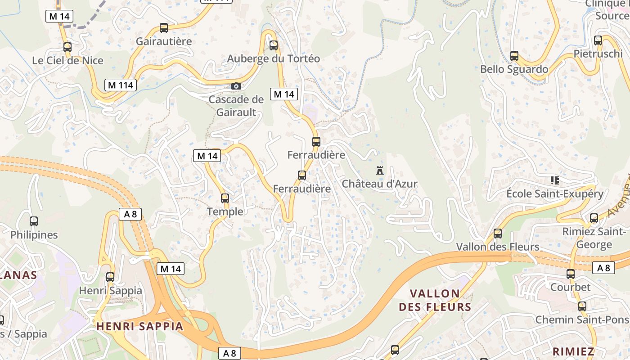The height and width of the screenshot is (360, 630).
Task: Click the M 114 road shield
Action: [121, 85]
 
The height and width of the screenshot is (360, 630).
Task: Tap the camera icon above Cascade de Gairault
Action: [236, 86]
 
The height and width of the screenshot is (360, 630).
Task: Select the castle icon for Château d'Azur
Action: [380, 170]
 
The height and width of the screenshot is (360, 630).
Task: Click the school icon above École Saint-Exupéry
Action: [554, 180]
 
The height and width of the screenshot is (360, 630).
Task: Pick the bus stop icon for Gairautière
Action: [164, 28]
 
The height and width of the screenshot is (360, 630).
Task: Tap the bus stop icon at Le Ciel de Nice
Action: [67, 47]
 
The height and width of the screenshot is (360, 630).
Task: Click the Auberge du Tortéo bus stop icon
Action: [274, 45]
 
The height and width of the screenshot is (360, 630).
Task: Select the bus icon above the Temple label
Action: [225, 198]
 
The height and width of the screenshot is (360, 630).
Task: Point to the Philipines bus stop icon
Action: [34, 221]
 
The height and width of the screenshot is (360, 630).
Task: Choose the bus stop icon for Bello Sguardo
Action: [514, 56]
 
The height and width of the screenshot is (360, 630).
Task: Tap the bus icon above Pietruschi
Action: [598, 40]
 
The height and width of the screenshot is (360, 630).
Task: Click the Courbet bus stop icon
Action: [571, 274]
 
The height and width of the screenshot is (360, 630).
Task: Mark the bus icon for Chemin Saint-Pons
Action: [582, 306]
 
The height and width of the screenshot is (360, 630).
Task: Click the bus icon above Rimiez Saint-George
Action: [594, 218]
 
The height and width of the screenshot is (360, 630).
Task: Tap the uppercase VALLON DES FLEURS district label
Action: [435, 300]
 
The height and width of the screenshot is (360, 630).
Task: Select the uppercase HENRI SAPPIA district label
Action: [140, 326]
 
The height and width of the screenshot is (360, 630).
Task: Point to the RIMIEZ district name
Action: [573, 351]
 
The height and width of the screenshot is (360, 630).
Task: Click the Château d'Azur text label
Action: [380, 184]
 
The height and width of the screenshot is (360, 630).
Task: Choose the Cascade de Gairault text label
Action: [236, 106]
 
